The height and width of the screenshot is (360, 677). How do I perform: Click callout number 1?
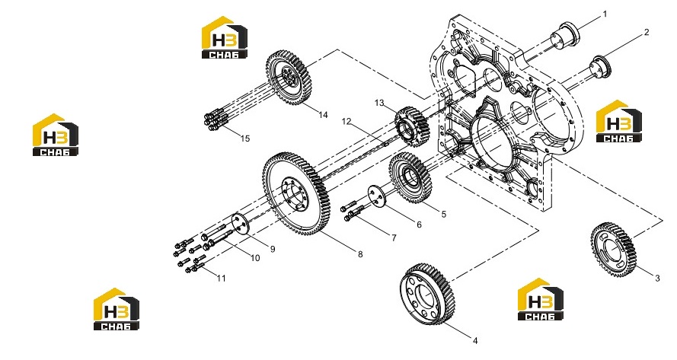[605, 14]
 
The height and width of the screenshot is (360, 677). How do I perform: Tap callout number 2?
[647, 32]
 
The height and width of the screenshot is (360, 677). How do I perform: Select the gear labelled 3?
[614, 250]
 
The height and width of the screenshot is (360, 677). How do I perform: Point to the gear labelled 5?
[410, 178]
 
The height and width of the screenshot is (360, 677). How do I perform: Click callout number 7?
[394, 237]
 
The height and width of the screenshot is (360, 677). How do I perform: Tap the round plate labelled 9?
[241, 225]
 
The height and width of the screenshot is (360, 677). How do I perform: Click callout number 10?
[255, 258]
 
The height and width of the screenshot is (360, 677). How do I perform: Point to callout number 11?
[221, 279]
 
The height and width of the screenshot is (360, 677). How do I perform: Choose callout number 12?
[346, 121]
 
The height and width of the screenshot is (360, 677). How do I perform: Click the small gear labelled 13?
[412, 127]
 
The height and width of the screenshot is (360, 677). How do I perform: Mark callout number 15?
[244, 139]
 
